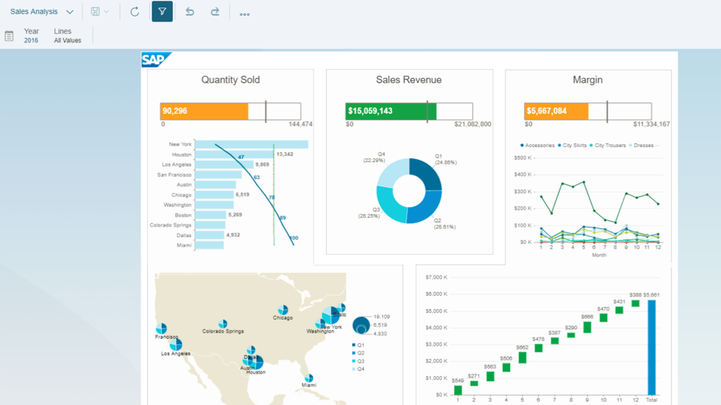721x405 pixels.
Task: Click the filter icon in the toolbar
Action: coord(162,12)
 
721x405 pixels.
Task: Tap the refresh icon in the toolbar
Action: coord(134,12)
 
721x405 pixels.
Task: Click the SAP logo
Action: coord(156,60)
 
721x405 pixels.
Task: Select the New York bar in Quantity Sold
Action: coord(251,144)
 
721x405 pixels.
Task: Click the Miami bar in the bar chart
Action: coord(209,245)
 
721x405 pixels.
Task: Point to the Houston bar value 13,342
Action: coord(284,155)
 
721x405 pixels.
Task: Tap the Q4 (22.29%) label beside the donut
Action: coord(374,157)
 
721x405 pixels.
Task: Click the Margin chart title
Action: coord(587,80)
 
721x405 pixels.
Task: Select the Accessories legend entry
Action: coord(539,146)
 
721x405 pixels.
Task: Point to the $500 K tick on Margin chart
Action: coord(522,158)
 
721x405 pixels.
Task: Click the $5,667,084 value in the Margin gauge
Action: coord(547,111)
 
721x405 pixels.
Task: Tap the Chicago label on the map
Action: coord(282,318)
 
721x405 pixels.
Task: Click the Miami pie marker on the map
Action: coord(309,378)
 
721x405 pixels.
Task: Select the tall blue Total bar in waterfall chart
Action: coord(652,347)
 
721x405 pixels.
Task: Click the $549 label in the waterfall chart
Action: coord(457,381)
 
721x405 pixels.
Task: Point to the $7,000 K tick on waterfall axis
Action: coord(436,277)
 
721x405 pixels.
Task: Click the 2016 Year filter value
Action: coord(31,41)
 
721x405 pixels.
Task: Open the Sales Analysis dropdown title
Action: coord(42,12)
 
